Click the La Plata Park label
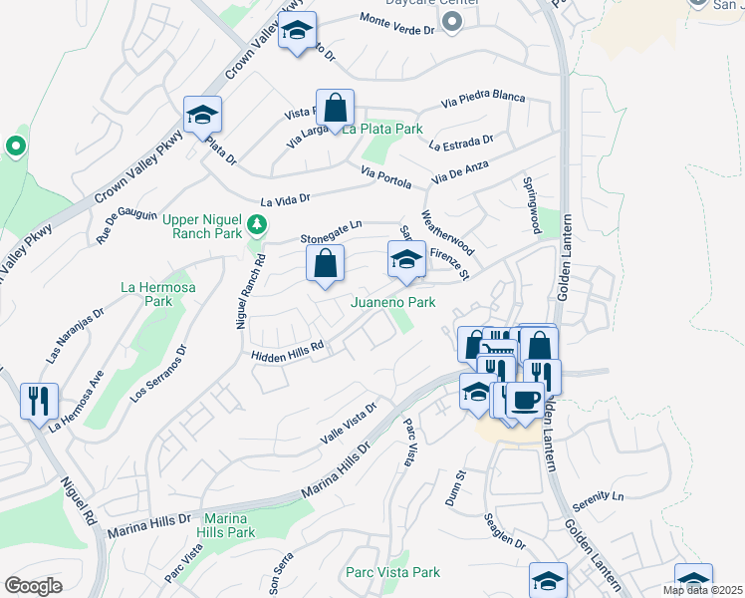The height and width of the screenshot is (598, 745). [383, 130]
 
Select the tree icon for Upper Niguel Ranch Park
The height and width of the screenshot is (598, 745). [257, 223]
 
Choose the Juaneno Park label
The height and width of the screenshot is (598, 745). [392, 302]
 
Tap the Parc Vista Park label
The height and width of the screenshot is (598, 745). [392, 572]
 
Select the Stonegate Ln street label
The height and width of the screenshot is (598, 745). [332, 236]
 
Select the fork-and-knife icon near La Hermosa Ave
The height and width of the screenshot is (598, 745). [40, 401]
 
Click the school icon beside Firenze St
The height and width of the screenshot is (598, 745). [405, 259]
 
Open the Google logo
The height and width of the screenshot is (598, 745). [33, 586]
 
